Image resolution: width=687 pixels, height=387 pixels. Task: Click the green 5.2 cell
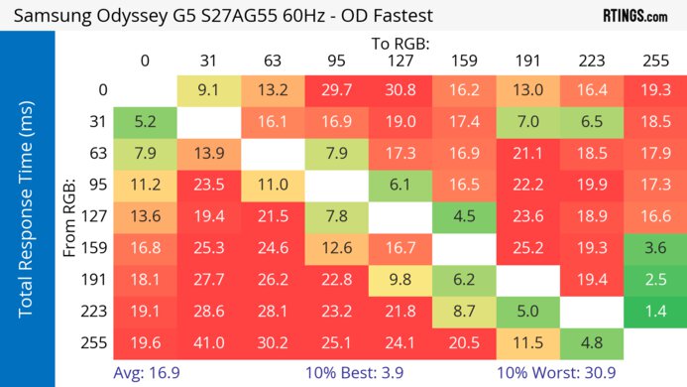(x=145, y=120)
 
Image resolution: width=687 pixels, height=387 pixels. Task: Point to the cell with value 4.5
(x=464, y=215)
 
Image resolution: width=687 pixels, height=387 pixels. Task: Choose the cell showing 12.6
(x=336, y=247)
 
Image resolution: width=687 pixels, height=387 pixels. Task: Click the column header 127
(x=400, y=60)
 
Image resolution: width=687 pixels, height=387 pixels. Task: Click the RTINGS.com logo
(x=633, y=17)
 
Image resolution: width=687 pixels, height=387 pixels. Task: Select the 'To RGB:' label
(x=400, y=43)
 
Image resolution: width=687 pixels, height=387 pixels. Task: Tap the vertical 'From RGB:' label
(x=69, y=213)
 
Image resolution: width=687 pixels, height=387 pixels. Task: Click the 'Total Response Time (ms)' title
(x=27, y=213)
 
